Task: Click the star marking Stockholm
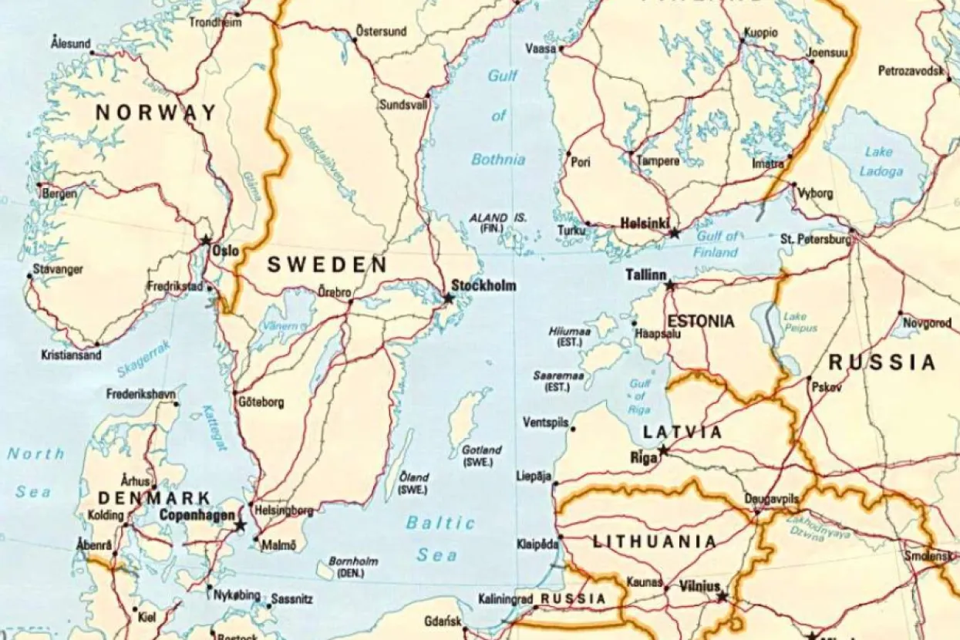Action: (x=449, y=298)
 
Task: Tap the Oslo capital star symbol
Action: (x=206, y=241)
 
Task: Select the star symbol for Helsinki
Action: (x=675, y=233)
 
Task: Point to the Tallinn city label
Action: (x=645, y=275)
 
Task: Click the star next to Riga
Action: (x=663, y=450)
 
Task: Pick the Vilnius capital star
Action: (x=722, y=597)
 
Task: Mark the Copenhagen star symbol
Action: (x=240, y=525)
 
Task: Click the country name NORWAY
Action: (x=156, y=113)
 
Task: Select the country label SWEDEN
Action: (x=326, y=265)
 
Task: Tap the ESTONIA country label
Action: (x=700, y=322)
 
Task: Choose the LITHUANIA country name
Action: (x=655, y=542)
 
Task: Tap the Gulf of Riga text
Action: (x=640, y=396)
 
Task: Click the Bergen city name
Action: (x=60, y=194)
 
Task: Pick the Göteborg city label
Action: (x=261, y=402)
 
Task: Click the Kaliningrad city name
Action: (x=506, y=598)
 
